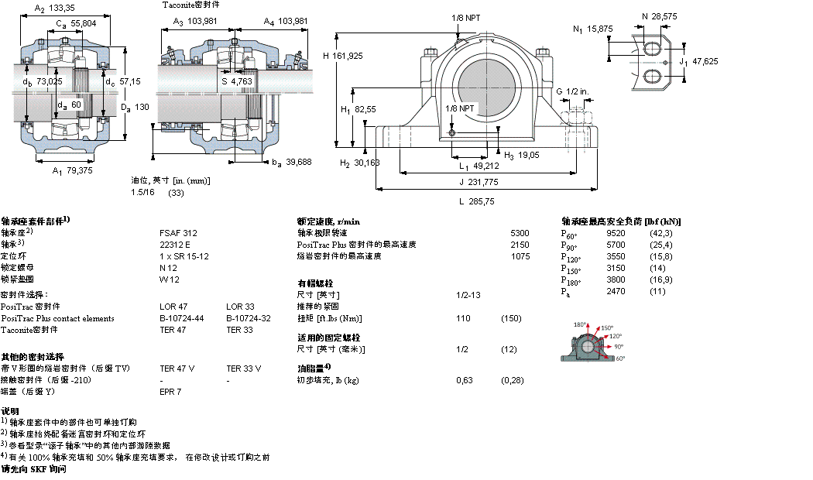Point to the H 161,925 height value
tap(342, 55)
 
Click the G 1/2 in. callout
tap(572, 91)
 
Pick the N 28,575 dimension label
tap(660, 15)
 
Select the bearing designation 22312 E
tap(174, 244)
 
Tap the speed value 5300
tap(520, 232)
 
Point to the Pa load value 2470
tap(616, 291)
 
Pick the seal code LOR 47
tap(173, 307)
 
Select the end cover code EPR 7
tap(170, 392)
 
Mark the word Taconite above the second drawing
tap(179, 5)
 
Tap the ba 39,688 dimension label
tap(292, 161)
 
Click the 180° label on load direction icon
tap(580, 325)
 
